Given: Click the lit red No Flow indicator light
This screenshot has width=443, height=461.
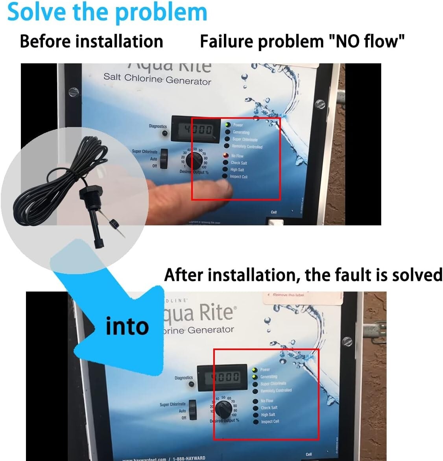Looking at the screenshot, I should (x=226, y=156).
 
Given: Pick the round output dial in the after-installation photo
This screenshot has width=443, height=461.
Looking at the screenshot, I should (x=223, y=410).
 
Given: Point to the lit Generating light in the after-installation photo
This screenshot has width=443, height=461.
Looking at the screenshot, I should (x=255, y=377).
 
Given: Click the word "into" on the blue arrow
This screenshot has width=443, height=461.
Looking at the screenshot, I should (x=127, y=326).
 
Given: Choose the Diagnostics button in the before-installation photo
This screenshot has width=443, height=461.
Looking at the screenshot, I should (x=164, y=133).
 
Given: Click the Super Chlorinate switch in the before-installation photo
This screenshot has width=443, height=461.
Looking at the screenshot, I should (x=164, y=159).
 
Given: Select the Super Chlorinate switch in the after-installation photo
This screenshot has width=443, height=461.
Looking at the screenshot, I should (x=192, y=409).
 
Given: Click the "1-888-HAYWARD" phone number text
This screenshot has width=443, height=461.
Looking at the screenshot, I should (x=189, y=458).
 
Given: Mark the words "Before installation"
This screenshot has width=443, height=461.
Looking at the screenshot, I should (x=91, y=41).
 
